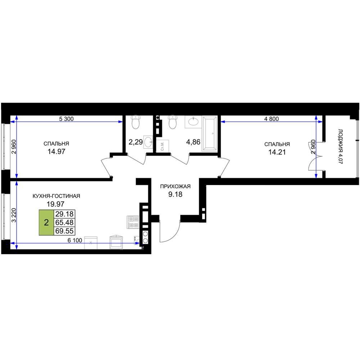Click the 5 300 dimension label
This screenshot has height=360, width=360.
pos(66,119)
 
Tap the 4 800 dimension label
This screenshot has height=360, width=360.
pos(271,119)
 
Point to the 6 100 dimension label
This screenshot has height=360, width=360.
pos(75,240)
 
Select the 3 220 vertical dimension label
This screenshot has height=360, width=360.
pos(14,215)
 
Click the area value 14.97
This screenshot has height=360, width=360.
pos(57,152)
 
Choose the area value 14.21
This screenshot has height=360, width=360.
pos(277,152)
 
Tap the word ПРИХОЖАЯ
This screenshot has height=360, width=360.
pos(175,186)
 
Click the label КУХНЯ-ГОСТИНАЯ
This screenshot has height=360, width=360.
pos(56,196)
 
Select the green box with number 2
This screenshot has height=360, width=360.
pos(46,222)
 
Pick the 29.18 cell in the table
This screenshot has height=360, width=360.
pos(64,214)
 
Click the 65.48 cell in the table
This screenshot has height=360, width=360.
pos(64,222)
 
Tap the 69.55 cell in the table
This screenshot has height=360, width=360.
pos(64,231)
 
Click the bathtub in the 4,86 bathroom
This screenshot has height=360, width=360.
pos(210,134)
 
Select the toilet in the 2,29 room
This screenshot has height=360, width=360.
pos(136,122)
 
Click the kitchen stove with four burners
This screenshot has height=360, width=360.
pos(133,222)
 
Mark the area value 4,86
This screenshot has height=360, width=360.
pos(193,142)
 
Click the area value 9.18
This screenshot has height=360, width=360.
pos(175,194)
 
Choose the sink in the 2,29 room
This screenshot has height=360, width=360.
pos(148,142)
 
